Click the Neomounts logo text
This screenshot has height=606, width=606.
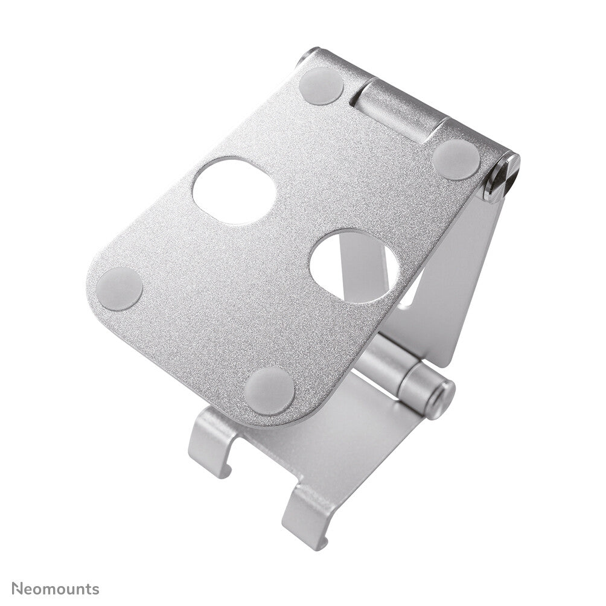click(55, 588)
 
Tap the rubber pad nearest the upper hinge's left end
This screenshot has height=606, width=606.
click(321, 85)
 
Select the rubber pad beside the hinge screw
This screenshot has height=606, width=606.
click(456, 159)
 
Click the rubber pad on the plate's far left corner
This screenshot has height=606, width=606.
click(120, 289)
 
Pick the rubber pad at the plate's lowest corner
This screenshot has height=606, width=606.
click(270, 390)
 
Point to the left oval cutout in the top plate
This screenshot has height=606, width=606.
click(234, 190)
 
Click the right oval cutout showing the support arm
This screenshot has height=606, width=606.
click(354, 266)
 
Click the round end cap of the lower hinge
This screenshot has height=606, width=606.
click(439, 399)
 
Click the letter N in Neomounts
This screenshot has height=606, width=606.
click(16, 588)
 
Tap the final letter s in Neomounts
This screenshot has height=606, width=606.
click(95, 589)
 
